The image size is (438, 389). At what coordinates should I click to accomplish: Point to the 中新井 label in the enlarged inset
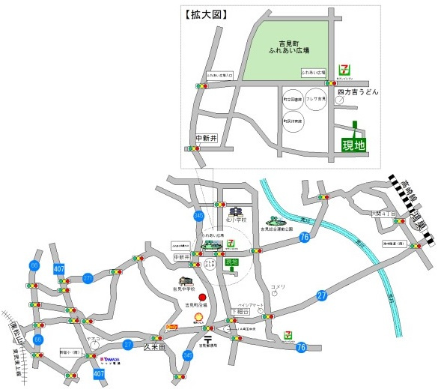pyautogui.click(x=205, y=138)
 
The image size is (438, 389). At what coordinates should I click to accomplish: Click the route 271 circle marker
pyautogui.click(x=88, y=279)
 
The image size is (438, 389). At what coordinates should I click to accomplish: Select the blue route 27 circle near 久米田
pyautogui.click(x=128, y=344)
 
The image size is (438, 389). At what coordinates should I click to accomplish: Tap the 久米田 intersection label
pyautogui.click(x=153, y=347)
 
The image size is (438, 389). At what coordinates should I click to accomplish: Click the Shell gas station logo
pyautogui.click(x=198, y=318)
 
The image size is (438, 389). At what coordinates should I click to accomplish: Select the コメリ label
pyautogui.click(x=278, y=287)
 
